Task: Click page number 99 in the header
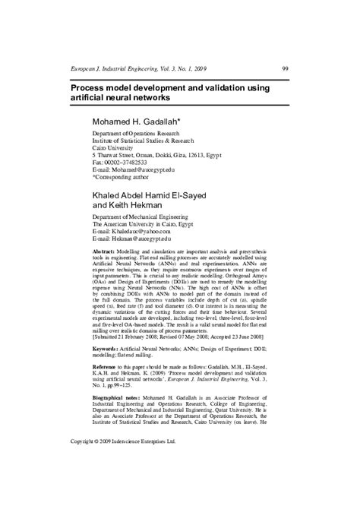pyautogui.click(x=284, y=68)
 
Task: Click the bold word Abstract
pyautogui.click(x=105, y=251)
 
